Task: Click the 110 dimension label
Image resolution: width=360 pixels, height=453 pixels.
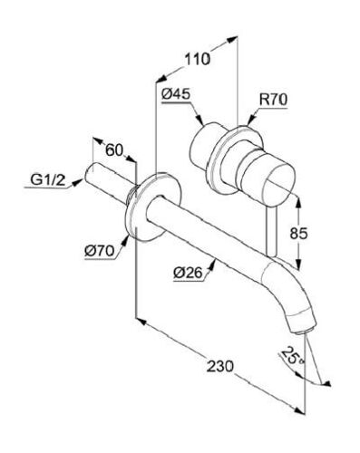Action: click(x=197, y=59)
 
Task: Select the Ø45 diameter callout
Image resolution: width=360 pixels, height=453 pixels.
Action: click(x=176, y=94)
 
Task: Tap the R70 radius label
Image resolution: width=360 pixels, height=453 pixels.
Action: click(x=274, y=100)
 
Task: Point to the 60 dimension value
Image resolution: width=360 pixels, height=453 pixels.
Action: click(x=114, y=150)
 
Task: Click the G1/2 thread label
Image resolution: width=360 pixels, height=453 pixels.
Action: click(x=48, y=180)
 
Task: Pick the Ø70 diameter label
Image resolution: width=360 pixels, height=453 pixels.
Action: click(x=99, y=251)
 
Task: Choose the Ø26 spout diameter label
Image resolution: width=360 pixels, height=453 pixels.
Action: click(x=188, y=274)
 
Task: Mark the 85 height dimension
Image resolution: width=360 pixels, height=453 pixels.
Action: click(x=298, y=234)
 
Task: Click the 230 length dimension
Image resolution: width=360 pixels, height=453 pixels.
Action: click(x=220, y=366)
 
